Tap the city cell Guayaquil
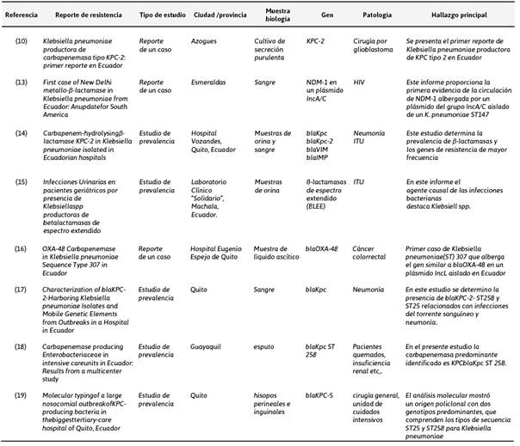click(x=207, y=346)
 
